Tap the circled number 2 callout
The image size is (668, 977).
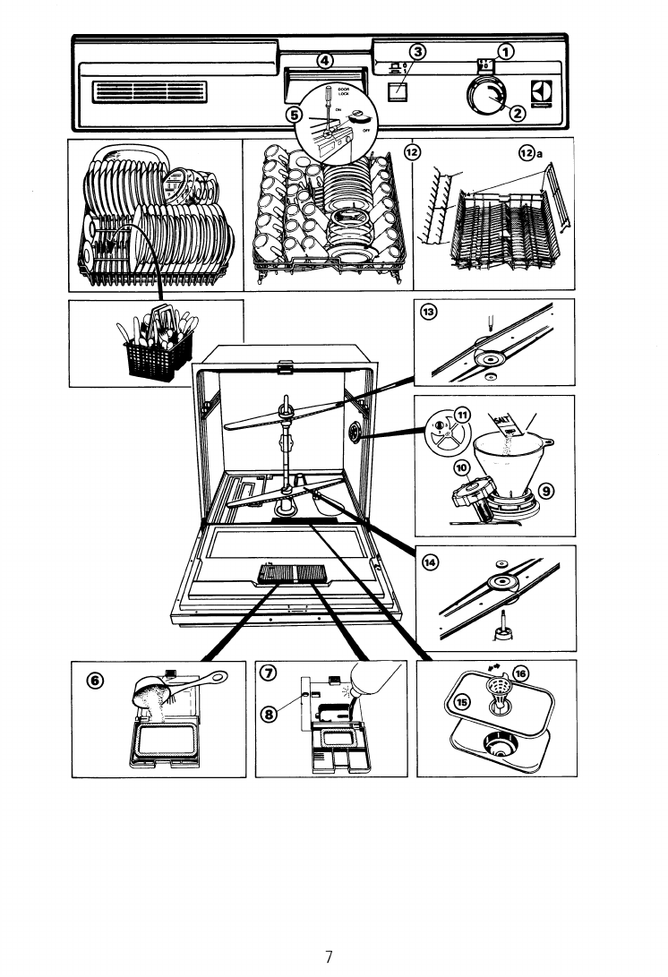point(517,112)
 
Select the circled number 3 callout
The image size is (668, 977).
point(417,51)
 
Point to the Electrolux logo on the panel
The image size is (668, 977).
point(540,94)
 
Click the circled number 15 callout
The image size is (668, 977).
point(462,702)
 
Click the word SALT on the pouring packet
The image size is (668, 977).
point(499,416)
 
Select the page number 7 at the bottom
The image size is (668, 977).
point(329,956)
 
